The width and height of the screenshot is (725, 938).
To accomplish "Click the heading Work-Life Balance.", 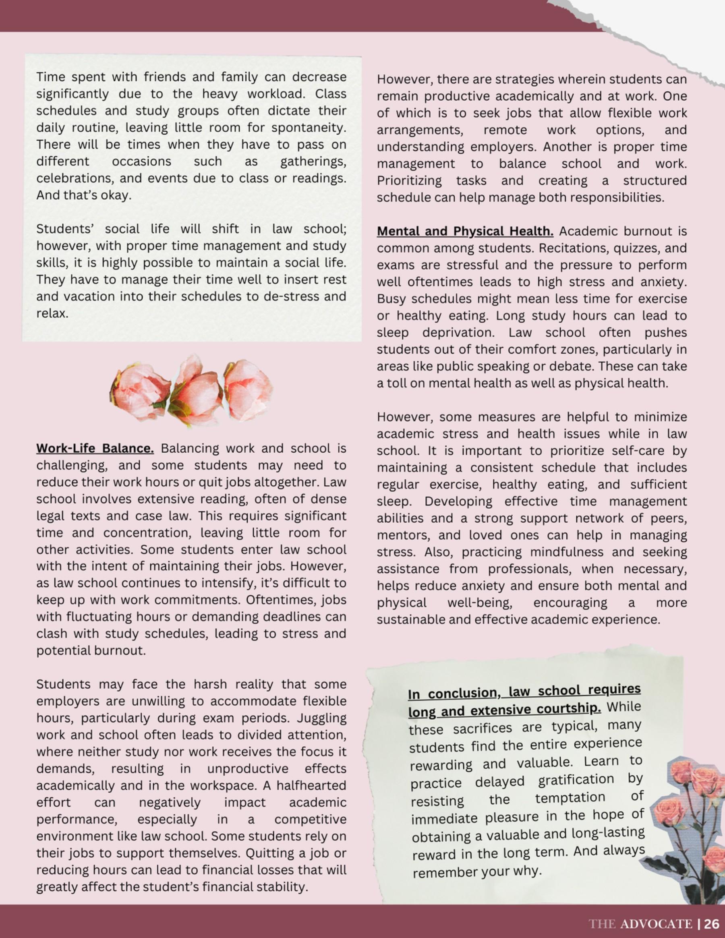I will point(95,448).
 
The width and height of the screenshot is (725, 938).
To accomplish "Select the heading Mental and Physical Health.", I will point(465,232).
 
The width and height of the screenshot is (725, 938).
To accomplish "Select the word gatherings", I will point(313,162).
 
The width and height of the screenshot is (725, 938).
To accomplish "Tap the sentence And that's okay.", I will point(84,195).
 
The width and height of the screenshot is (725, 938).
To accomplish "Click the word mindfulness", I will point(583,552).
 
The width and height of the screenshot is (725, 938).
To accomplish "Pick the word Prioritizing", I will point(409,181).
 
